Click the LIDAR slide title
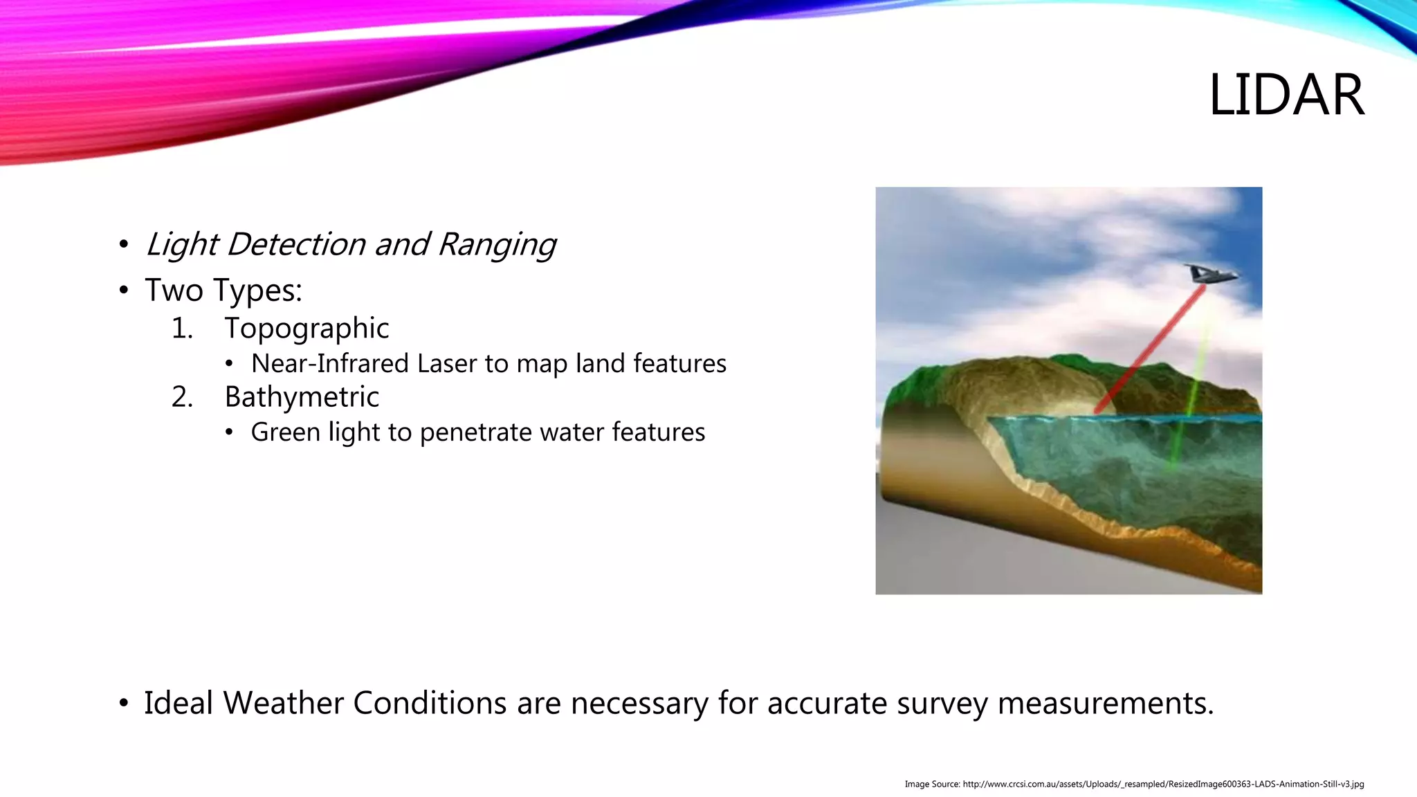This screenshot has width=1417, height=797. tap(1286, 95)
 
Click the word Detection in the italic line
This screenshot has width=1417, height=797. tap(296, 244)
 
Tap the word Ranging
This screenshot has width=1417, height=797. tap(497, 244)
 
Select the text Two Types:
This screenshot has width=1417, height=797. tap(223, 290)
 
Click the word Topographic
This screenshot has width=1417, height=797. tap(307, 328)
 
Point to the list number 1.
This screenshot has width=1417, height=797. tap(182, 328)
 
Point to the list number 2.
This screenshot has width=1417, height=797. tap(182, 397)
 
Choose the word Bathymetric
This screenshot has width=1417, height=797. tap(302, 397)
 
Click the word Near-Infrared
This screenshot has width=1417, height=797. tap(320, 363)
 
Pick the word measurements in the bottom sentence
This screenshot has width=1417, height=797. tap(1105, 703)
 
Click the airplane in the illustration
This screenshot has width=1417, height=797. tap(1208, 274)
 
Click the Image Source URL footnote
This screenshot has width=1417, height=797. tap(1134, 784)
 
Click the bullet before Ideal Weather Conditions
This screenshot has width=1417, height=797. tap(124, 704)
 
